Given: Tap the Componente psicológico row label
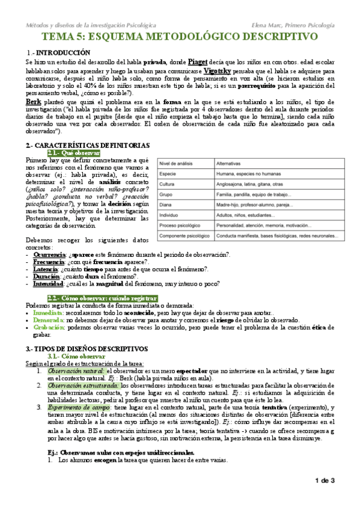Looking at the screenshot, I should click(185, 236).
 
